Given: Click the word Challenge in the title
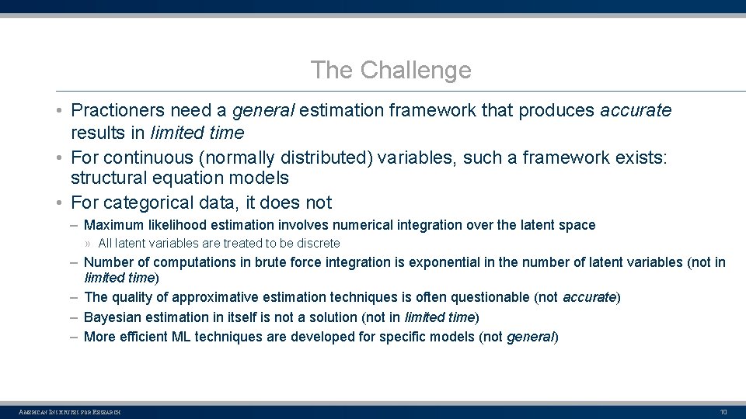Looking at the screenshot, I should click(415, 71).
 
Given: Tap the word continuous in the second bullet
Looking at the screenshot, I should click(148, 158).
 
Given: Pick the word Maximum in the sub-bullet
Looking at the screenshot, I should click(114, 225).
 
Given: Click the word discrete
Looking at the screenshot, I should click(319, 244).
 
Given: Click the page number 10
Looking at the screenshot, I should click(723, 412).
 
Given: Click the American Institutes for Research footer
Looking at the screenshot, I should click(70, 412).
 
